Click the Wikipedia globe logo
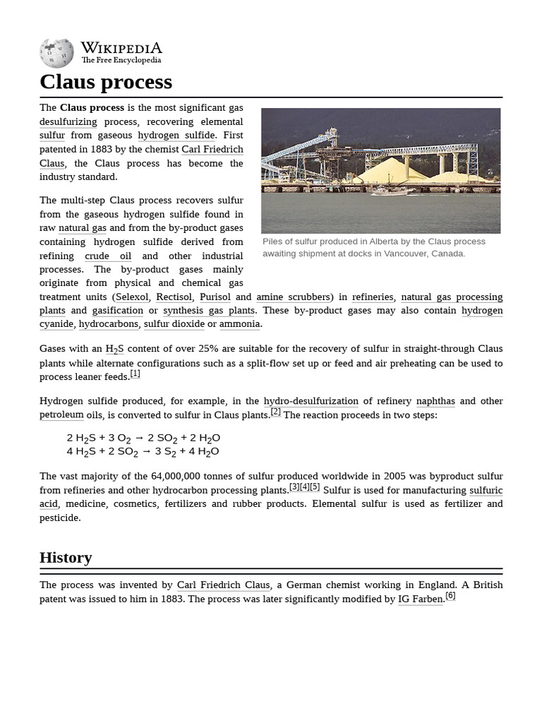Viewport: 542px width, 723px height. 56,54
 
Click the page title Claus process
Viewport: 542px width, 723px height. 106,82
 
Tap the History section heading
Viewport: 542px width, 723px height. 66,557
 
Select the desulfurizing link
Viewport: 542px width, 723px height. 68,121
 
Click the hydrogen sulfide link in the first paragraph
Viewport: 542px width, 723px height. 176,136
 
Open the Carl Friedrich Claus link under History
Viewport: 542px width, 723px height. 223,585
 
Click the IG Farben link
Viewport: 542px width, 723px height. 421,599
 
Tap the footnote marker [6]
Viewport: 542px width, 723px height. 450,596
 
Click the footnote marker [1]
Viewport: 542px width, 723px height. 135,374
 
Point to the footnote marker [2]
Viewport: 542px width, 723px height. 275,412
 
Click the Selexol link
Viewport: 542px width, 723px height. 132,297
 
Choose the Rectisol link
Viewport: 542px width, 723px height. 174,297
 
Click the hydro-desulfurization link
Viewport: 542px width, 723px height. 311,401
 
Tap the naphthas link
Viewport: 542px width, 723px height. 435,401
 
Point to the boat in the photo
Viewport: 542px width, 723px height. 392,191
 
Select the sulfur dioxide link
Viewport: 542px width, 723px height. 174,324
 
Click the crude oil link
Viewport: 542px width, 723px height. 108,256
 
